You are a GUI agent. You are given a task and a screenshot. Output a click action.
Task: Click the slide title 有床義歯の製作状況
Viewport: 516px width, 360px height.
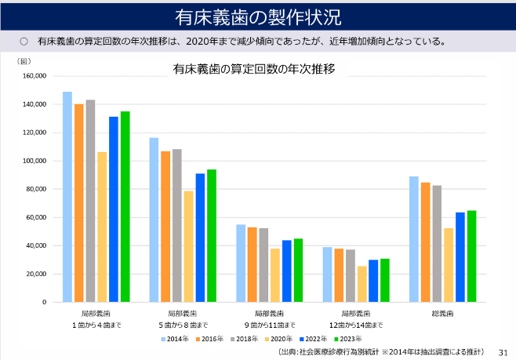pos(257,16)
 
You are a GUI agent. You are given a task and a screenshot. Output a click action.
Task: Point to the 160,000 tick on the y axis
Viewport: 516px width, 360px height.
pos(36,76)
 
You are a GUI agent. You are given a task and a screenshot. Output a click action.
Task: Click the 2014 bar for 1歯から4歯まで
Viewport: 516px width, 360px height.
pos(67,197)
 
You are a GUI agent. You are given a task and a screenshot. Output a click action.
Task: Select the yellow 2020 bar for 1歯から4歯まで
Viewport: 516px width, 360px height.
pos(102,227)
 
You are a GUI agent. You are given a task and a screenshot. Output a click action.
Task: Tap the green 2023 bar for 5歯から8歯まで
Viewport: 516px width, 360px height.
pos(212,235)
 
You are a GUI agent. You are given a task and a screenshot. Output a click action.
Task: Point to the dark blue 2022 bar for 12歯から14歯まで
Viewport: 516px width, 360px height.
pos(373,281)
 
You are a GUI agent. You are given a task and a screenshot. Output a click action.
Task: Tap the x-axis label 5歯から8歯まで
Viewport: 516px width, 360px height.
pos(183,325)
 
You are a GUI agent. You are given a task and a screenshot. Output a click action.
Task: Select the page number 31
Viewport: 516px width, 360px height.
pos(503,352)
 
